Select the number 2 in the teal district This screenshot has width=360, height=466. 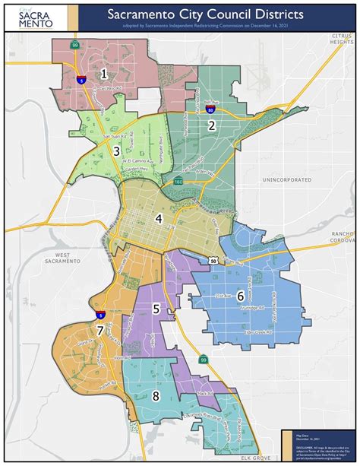pyautogui.click(x=212, y=125)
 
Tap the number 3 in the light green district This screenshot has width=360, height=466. pyautogui.click(x=116, y=151)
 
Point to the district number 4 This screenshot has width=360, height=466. pyautogui.click(x=159, y=219)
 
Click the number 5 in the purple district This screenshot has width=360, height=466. pyautogui.click(x=156, y=309)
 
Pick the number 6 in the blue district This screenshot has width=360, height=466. pyautogui.click(x=240, y=296)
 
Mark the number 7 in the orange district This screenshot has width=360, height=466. pyautogui.click(x=99, y=331)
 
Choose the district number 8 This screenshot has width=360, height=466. pyautogui.click(x=156, y=395)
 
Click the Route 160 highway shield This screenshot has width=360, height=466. pyautogui.click(x=176, y=182)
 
